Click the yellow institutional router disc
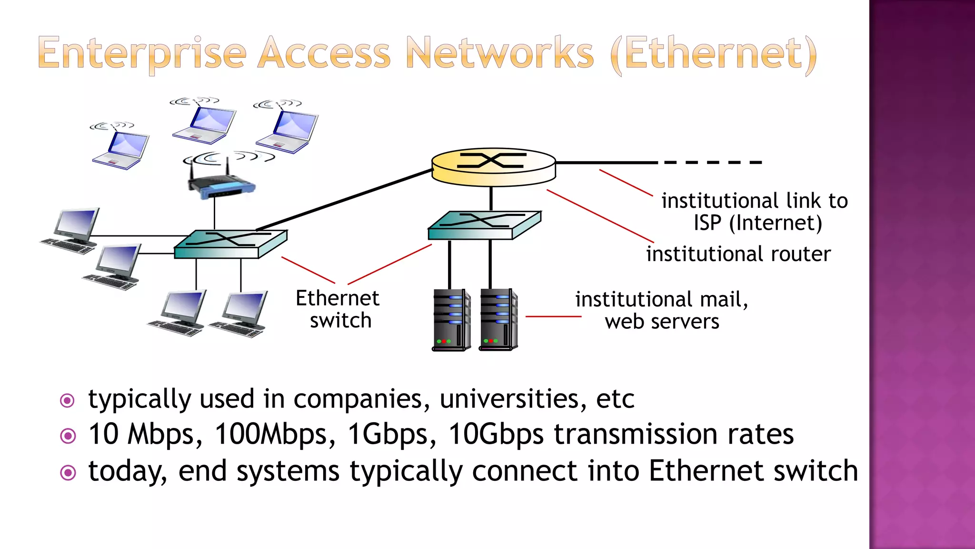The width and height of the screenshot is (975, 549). tap(494, 167)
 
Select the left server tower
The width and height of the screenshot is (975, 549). tap(451, 319)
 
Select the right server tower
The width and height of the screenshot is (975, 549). tap(498, 319)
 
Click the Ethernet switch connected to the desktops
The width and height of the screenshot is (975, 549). tap(230, 244)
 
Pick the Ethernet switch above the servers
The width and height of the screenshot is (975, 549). tap(484, 225)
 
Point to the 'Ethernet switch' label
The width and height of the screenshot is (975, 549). tap(338, 309)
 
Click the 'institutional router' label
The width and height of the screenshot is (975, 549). tap(738, 254)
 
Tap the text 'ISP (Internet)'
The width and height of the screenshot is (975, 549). tap(757, 223)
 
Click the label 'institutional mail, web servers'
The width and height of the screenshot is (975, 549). tap(662, 310)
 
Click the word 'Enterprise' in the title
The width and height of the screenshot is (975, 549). tap(142, 53)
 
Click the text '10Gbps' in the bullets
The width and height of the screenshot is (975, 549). tap(496, 434)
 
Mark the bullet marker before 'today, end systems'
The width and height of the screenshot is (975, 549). tap(68, 473)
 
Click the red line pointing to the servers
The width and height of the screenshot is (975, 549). tap(553, 316)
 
